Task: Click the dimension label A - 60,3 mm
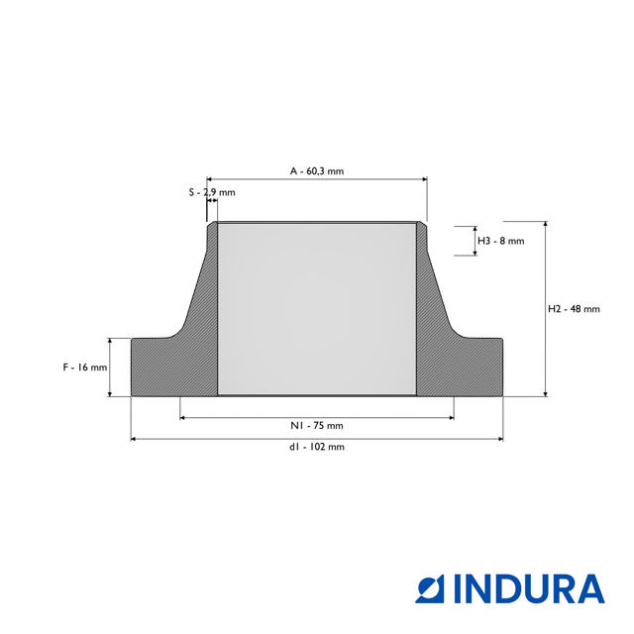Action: pyautogui.click(x=317, y=171)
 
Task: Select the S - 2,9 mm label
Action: pyautogui.click(x=212, y=192)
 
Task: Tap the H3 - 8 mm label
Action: pyautogui.click(x=501, y=241)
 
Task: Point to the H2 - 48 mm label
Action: pyautogui.click(x=574, y=309)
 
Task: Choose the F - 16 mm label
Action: pyautogui.click(x=85, y=368)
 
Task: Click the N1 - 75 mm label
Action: pyautogui.click(x=317, y=425)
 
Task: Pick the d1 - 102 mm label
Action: pyautogui.click(x=317, y=447)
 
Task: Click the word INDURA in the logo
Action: pyautogui.click(x=529, y=589)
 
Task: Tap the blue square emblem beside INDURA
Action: pyautogui.click(x=430, y=589)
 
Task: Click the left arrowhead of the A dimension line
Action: pyautogui.click(x=209, y=179)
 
